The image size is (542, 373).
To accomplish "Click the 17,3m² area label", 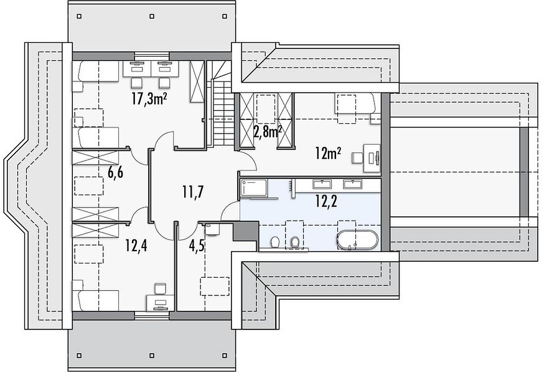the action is pos(149,99).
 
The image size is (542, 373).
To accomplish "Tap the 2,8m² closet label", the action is pos(268,131).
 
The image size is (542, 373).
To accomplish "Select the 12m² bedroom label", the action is pos(328,153).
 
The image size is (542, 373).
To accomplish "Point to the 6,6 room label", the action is pos(116,172).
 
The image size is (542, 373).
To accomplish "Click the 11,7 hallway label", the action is pos(193,191).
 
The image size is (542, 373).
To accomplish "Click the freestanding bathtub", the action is pos(358,240).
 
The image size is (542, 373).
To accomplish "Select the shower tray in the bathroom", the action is pos(254,188).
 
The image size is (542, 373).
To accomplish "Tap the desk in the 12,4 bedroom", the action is pos(160,302).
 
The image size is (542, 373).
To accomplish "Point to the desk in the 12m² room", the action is pos(371,159).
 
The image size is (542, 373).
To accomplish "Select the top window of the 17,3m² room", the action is pos(152,56).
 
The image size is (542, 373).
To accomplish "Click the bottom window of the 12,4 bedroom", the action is pos(152,315).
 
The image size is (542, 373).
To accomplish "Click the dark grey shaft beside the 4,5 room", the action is pos(246,232).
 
